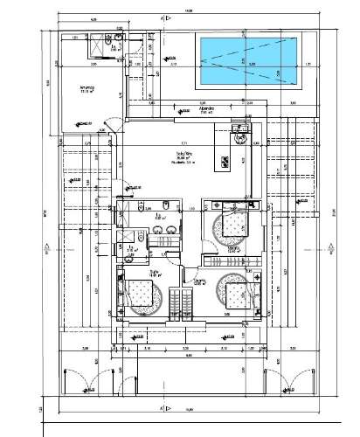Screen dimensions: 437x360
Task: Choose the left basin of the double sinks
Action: coord(157,230)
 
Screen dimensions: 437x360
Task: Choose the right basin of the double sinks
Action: coord(171,230)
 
